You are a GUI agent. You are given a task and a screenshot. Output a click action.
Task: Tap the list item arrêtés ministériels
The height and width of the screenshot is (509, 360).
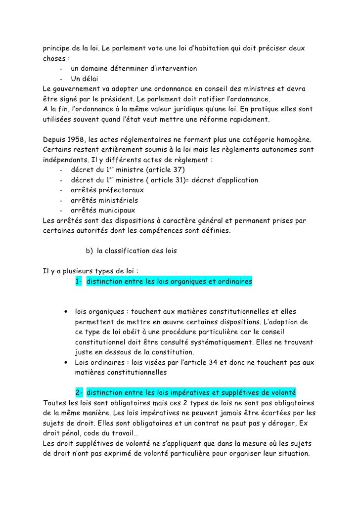pyautogui.click(x=104, y=201)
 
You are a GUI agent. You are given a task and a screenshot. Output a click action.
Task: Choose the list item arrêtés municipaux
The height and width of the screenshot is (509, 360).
pyautogui.click(x=103, y=211)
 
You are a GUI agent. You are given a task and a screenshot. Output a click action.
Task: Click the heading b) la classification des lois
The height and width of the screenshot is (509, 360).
pyautogui.click(x=131, y=251)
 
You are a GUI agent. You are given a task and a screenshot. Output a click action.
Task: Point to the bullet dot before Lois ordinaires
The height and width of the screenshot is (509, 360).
pyautogui.click(x=65, y=363)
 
